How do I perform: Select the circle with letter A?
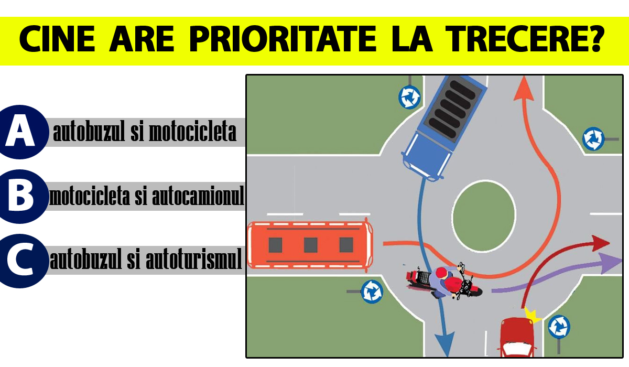(x=20, y=132)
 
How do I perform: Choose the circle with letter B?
(x=20, y=197)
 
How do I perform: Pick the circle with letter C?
(x=20, y=261)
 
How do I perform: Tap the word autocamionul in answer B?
(x=198, y=197)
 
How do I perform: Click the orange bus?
(x=310, y=245)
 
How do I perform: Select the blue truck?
(x=440, y=126)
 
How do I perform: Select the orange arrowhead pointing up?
(x=523, y=88)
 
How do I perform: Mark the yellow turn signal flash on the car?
(x=533, y=316)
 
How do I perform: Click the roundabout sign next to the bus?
(x=372, y=291)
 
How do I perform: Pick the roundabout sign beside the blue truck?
(x=409, y=96)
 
